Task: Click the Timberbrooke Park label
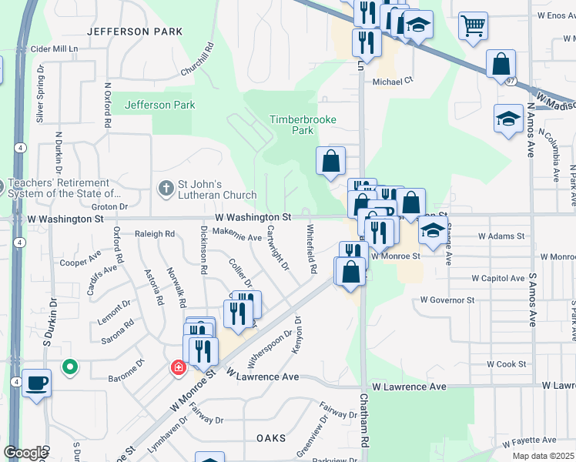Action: [293, 125]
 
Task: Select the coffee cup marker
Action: [36, 383]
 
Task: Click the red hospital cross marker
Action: [178, 368]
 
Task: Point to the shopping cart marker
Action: [472, 25]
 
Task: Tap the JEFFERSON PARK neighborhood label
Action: [135, 32]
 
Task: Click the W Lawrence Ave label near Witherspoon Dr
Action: [263, 375]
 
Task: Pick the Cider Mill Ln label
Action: [55, 49]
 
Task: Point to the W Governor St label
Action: [447, 300]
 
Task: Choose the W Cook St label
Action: [506, 364]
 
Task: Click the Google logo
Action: [25, 452]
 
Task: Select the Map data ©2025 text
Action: [543, 456]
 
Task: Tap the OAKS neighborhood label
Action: [271, 437]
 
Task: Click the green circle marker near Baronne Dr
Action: [70, 367]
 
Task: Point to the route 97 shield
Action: [511, 80]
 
